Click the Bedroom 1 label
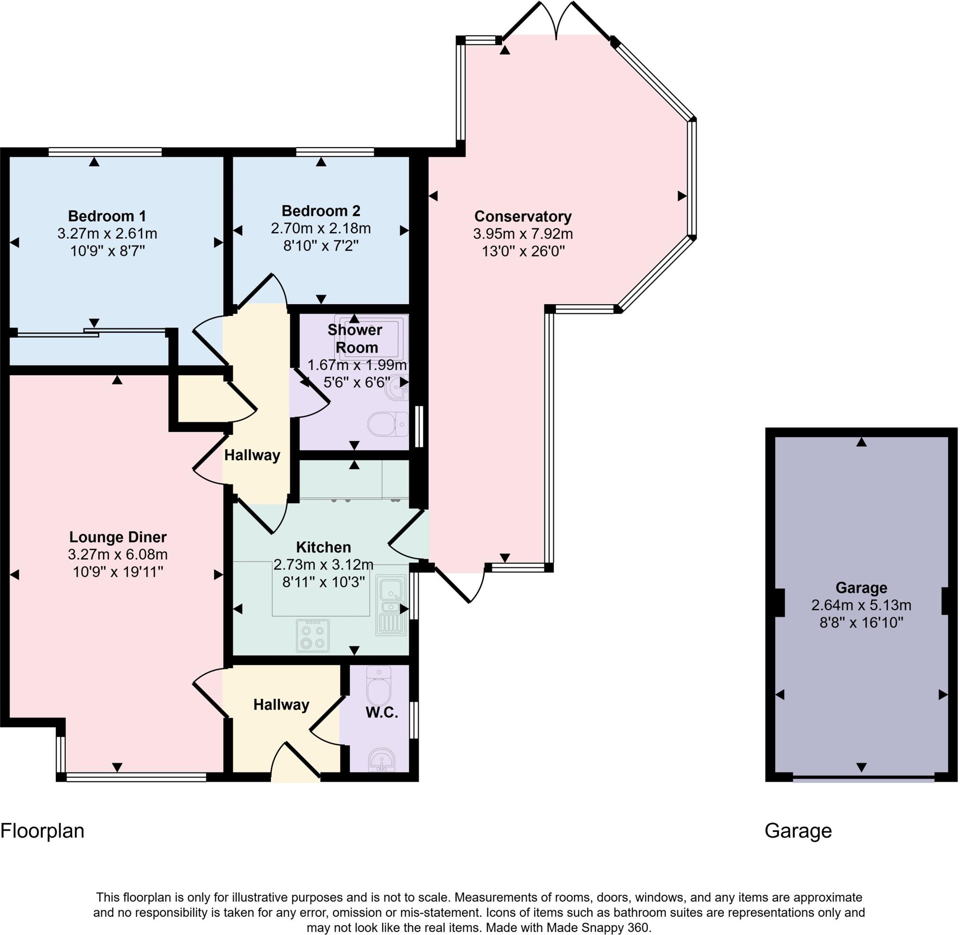click(107, 216)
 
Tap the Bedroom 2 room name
click(321, 211)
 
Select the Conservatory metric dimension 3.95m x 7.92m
click(523, 234)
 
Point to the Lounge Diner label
click(118, 537)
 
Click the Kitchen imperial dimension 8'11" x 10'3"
click(323, 582)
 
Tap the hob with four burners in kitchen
click(313, 636)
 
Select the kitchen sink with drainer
click(391, 605)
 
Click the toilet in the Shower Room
click(385, 424)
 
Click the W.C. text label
click(382, 712)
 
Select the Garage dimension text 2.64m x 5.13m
click(861, 605)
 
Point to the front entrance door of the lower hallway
click(295, 761)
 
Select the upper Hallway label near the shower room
click(252, 455)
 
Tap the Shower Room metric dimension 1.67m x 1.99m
click(357, 366)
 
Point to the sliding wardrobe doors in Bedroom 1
click(91, 333)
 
